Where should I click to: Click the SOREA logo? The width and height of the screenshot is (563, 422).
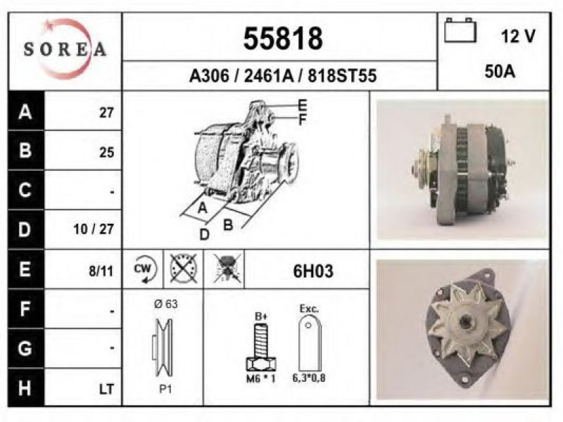point(65,49)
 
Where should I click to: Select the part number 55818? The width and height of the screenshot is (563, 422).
point(283,39)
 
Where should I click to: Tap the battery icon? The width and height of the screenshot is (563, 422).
point(460,30)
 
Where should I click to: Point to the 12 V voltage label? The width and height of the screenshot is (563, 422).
point(518,37)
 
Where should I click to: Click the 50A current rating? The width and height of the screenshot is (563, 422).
point(500,72)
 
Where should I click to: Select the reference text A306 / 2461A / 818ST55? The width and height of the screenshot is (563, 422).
point(283,76)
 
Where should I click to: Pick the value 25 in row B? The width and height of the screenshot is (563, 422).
point(107,153)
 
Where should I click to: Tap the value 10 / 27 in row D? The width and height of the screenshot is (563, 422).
point(94,229)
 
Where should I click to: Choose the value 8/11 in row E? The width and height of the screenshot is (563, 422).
point(101,271)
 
